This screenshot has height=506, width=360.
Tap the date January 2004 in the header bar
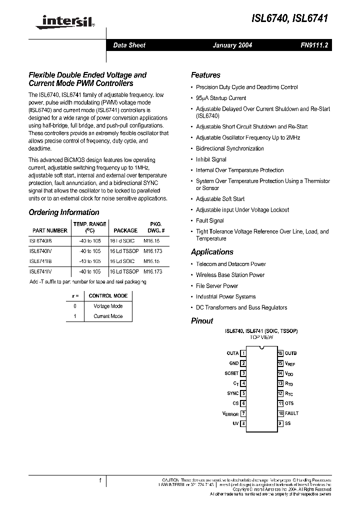point(232,45)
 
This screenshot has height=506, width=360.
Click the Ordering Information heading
point(64,212)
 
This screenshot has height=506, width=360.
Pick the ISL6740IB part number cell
point(40,240)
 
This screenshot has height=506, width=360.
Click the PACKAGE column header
point(125,230)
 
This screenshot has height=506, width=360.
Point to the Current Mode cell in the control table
point(108,316)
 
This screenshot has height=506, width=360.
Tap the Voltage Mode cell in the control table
point(108,306)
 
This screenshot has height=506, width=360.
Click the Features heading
point(205,75)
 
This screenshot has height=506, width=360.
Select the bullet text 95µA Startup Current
point(221,98)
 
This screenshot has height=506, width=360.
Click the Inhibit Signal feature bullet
point(211,159)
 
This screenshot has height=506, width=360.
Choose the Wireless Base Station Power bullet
point(230,275)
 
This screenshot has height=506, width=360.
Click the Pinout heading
point(202,321)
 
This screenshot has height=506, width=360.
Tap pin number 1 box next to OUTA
point(243,353)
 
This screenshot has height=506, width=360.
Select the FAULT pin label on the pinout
point(292,413)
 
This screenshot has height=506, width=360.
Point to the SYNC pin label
point(232,393)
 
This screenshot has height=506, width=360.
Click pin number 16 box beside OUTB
point(280,353)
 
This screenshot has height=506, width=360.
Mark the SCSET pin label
point(231,373)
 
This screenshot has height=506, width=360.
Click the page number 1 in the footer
point(100,480)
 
